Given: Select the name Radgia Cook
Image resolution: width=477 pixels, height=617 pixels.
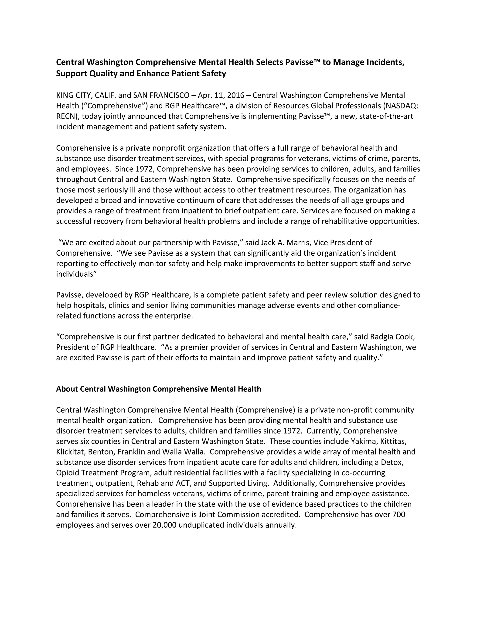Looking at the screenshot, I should [392, 337].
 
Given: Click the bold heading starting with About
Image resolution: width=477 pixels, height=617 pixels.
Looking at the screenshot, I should [159, 389].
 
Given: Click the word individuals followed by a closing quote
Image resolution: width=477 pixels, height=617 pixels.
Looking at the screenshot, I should [76, 274].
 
